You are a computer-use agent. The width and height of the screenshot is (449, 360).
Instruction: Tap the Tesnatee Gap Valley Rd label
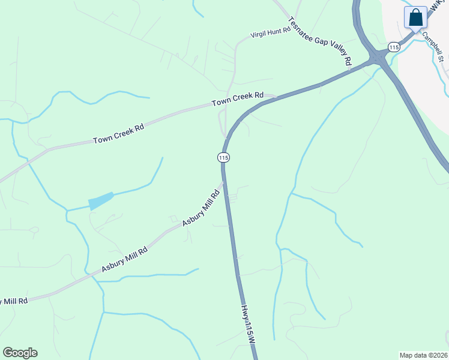point(321,41)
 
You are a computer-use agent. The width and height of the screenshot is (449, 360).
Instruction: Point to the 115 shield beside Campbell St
point(394,47)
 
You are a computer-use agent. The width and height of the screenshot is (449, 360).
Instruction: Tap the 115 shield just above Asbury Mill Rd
point(223,157)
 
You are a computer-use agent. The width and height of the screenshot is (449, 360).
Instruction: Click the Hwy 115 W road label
point(249,325)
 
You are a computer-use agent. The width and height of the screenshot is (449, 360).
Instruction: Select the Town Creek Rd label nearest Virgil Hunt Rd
point(238,100)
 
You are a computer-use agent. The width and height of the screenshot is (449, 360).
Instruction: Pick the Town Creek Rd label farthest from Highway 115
point(119,136)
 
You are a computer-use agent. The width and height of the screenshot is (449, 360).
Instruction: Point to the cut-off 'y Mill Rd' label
point(14,300)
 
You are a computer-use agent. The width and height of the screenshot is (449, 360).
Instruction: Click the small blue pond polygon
point(101,200)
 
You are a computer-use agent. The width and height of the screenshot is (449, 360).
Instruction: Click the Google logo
point(20,353)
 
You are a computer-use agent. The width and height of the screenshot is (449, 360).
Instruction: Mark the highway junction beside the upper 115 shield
point(378,58)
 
